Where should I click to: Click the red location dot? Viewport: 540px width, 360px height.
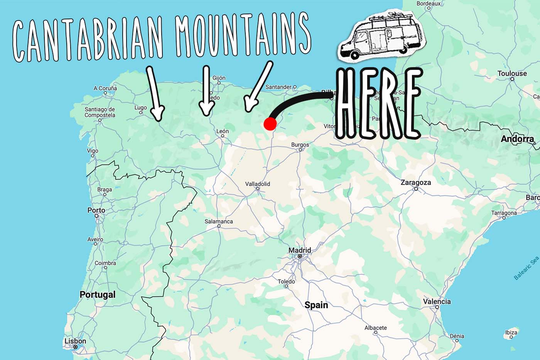pos(270,124)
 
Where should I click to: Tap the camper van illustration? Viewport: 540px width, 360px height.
pos(380,35)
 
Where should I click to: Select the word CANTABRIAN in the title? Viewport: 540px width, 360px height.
pos(88,39)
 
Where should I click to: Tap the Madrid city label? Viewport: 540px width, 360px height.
pos(300,250)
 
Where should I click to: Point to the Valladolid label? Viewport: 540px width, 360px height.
pos(258,184)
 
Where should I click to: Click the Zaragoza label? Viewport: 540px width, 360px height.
pos(415,183)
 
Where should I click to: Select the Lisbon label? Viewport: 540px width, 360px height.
pos(75,341)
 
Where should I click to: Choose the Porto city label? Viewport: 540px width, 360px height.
pos(96,210)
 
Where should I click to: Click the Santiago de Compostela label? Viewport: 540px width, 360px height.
pos(100,112)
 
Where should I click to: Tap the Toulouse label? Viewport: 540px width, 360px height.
pos(512,73)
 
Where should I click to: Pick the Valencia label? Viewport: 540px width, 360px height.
pos(437,301)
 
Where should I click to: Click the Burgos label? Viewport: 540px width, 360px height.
pos(300,145)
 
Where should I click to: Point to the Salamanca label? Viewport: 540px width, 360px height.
pos(219,221)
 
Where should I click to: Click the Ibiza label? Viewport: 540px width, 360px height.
pos(511,332)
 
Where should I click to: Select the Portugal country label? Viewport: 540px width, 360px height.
pos(98,294)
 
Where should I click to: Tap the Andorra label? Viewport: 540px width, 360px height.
pos(517,139)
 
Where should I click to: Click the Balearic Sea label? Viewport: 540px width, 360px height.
pos(526,268)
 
